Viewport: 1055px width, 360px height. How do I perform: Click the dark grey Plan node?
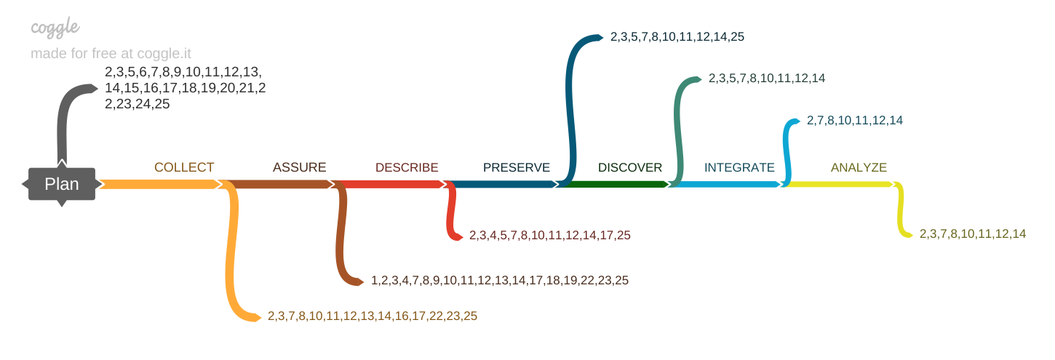coord(62,184)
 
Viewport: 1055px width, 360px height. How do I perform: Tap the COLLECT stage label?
coord(184,167)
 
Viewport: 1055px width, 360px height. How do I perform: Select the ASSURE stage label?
coord(299,167)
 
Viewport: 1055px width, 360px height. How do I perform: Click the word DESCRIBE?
coord(407,167)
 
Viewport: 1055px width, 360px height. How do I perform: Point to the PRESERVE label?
coord(517,167)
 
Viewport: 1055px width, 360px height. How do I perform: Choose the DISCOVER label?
coord(630,167)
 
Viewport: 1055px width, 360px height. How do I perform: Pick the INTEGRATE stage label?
coord(739,167)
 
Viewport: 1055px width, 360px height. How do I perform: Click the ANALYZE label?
coord(859,167)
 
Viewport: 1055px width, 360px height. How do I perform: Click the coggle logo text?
coord(55,28)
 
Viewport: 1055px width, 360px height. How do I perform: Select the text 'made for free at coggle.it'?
coord(111,54)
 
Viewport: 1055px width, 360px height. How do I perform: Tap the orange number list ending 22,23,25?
coord(373,316)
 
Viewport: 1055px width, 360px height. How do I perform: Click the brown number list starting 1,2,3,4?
coord(500,280)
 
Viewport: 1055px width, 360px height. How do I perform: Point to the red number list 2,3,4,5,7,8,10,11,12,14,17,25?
coord(549,236)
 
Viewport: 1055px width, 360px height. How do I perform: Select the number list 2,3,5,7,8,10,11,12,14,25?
coord(677,36)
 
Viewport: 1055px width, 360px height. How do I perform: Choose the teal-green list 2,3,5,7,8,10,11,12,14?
coord(767,78)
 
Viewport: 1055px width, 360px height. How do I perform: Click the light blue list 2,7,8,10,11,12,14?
coord(855,120)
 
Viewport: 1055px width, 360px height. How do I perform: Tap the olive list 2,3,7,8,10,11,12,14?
coord(973,233)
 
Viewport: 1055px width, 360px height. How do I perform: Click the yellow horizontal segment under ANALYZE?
coord(837,185)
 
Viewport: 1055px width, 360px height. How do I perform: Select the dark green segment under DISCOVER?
coord(615,185)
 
